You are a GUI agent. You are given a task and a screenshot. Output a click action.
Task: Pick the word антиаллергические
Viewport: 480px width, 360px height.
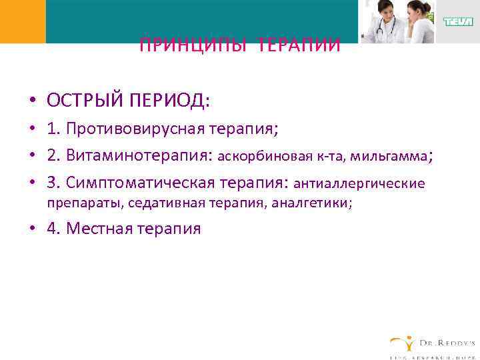[x=359, y=183]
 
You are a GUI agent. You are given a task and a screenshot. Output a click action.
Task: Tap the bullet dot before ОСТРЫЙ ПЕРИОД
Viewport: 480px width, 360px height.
[x=32, y=101]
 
